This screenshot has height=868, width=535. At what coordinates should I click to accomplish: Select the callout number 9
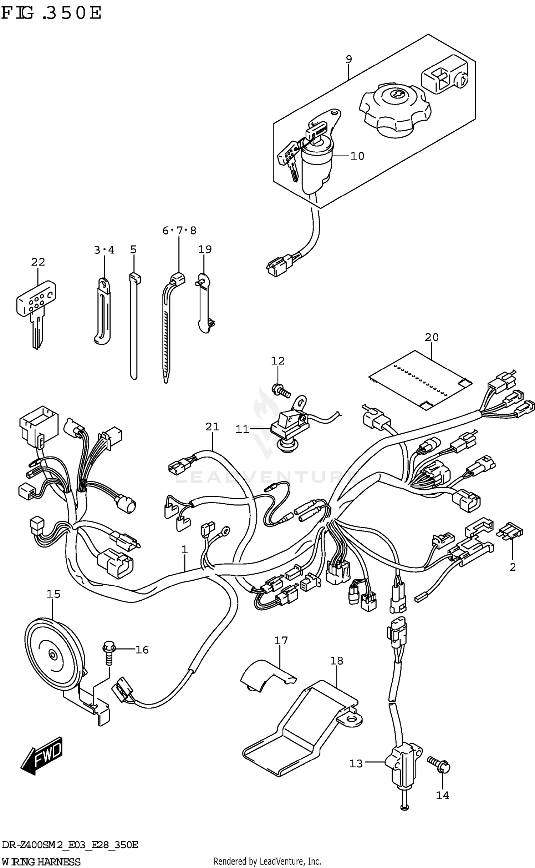click(349, 59)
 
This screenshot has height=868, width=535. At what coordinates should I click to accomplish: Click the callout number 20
click(432, 337)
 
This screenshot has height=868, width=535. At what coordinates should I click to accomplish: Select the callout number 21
click(212, 427)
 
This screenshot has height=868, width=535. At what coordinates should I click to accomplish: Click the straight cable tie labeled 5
click(133, 325)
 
